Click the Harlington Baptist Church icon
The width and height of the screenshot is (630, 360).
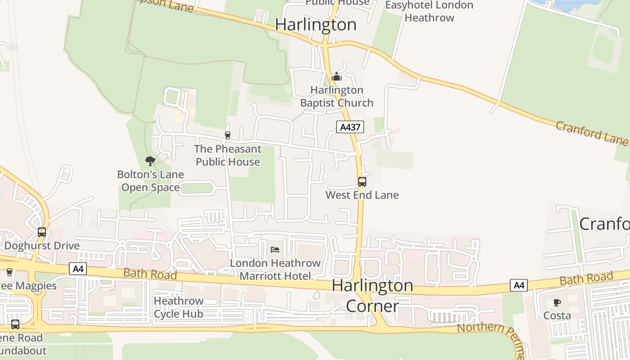pyautogui.click(x=336, y=77)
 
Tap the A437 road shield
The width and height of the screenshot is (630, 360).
pyautogui.click(x=350, y=127)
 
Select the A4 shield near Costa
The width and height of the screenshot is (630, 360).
pyautogui.click(x=518, y=285)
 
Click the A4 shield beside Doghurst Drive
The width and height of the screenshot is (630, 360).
pyautogui.click(x=78, y=269)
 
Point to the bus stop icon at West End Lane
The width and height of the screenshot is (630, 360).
pyautogui.click(x=362, y=182)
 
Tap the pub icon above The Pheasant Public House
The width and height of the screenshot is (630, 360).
pyautogui.click(x=228, y=135)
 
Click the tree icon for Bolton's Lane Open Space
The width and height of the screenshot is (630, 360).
pyautogui.click(x=150, y=161)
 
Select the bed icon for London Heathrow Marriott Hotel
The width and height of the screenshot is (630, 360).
pyautogui.click(x=275, y=250)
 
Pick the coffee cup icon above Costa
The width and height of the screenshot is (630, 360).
pyautogui.click(x=557, y=302)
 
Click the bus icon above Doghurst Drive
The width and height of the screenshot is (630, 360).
pyautogui.click(x=42, y=232)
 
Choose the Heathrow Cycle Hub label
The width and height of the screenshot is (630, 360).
pyautogui.click(x=179, y=307)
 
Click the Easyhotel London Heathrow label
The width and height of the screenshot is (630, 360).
pyautogui.click(x=429, y=11)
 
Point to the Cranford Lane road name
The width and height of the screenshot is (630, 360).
pyautogui.click(x=591, y=133)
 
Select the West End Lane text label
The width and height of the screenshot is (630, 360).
pyautogui.click(x=362, y=195)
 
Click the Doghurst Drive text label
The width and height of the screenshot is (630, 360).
pyautogui.click(x=42, y=246)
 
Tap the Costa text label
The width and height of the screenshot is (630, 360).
pyautogui.click(x=557, y=315)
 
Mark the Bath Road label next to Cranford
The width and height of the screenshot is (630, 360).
pyautogui.click(x=586, y=279)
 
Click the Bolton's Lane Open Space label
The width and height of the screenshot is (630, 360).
pyautogui.click(x=150, y=181)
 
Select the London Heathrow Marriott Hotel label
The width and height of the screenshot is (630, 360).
pyautogui.click(x=275, y=269)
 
